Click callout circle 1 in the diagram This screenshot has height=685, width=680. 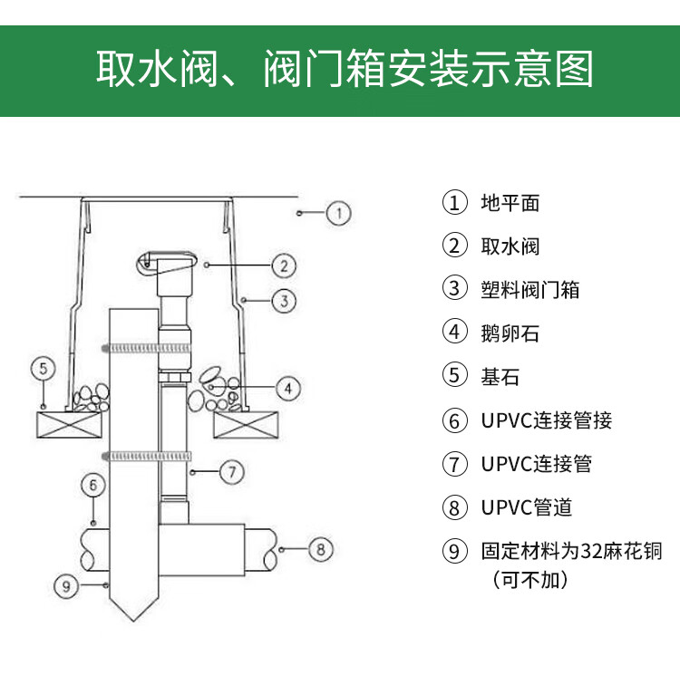point(338,214)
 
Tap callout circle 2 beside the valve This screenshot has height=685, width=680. point(285,265)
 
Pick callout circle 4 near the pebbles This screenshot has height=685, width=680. point(287,389)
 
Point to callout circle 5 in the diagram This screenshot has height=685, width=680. point(43,368)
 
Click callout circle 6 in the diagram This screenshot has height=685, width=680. point(93,485)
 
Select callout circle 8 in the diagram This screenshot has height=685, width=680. point(322,548)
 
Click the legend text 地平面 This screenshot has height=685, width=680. point(510,202)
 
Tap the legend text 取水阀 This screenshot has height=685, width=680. point(510,246)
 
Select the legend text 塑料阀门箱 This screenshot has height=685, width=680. point(529,289)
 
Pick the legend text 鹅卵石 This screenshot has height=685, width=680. point(510,333)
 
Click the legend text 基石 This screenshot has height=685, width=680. point(500,376)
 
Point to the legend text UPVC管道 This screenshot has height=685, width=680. point(526,507)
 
